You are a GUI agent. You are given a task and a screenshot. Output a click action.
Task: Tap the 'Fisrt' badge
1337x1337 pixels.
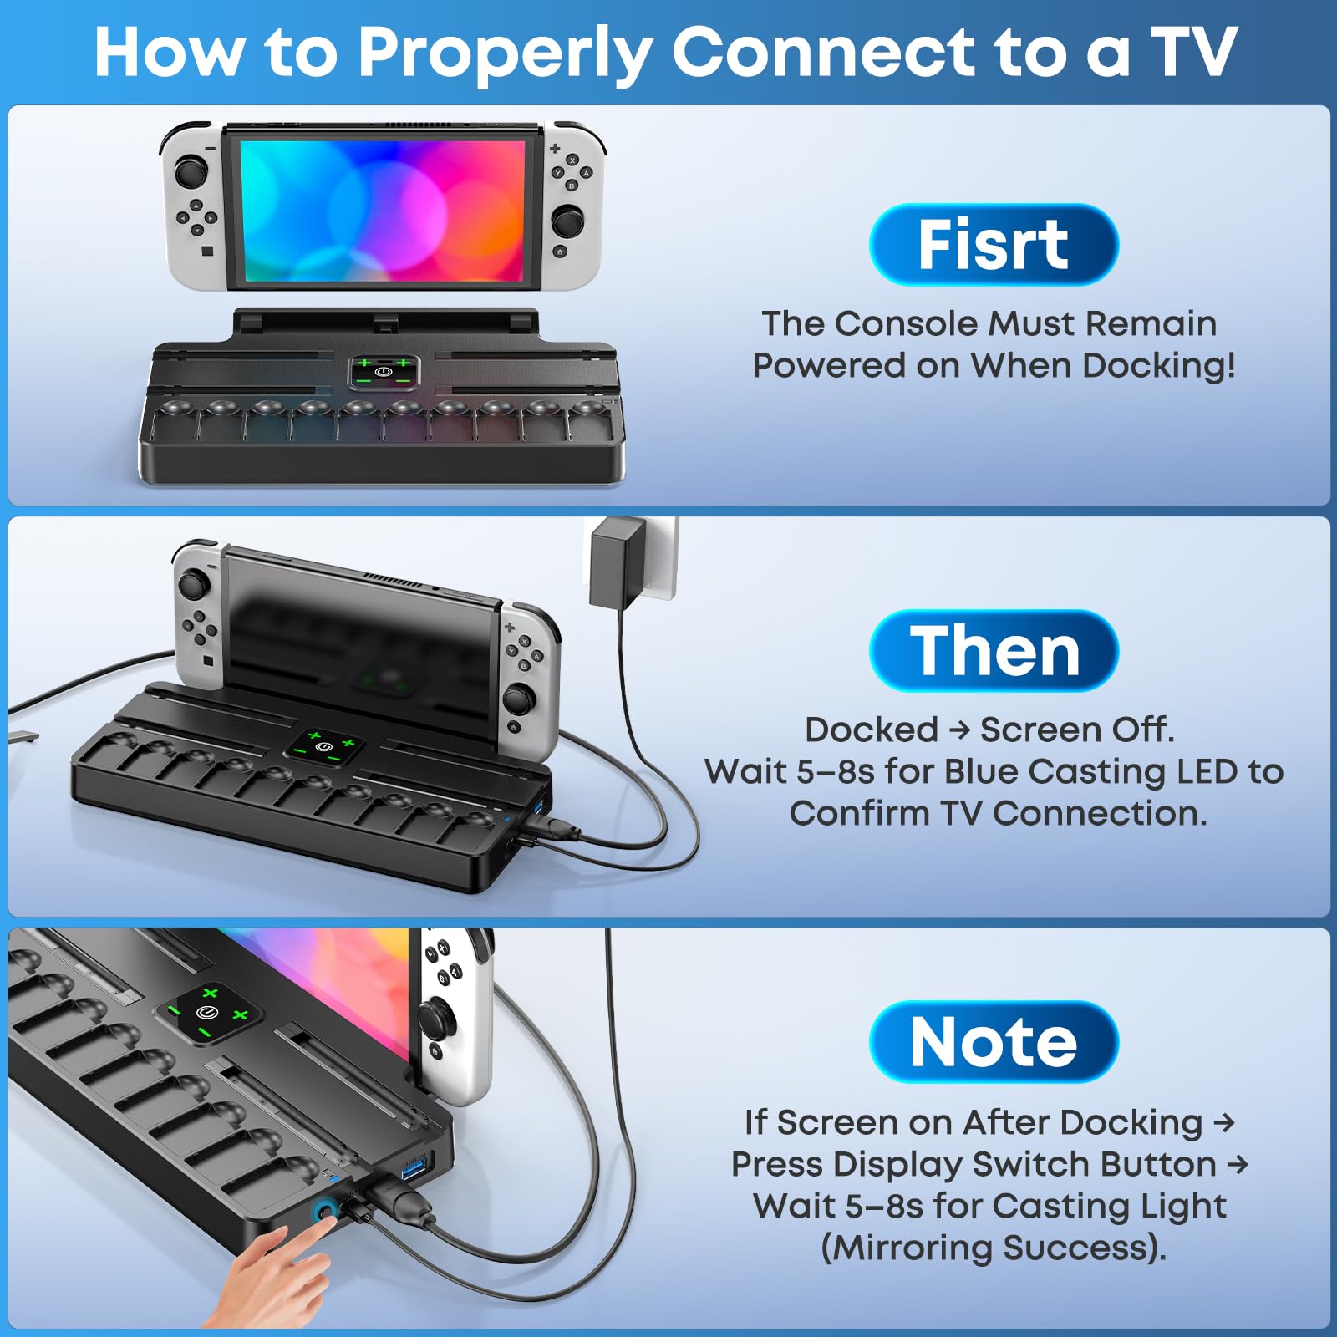coord(993,244)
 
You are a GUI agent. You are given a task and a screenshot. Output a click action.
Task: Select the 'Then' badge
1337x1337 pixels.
coord(994,651)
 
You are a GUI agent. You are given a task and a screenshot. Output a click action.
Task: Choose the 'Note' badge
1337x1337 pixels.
coord(993,1041)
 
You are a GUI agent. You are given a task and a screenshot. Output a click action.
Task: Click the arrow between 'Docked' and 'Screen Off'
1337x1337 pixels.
coord(959,730)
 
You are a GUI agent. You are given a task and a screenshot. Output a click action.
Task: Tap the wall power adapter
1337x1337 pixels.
coord(617,561)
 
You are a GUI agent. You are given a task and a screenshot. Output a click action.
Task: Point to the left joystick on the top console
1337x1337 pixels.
coord(191,172)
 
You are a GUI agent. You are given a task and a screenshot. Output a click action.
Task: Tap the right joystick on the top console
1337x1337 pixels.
coord(568,221)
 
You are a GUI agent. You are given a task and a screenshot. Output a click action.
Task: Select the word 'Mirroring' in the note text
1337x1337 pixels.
coord(913,1248)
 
